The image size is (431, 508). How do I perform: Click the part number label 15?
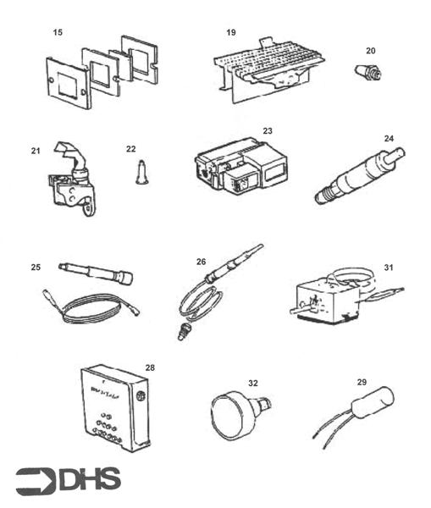pos(58,32)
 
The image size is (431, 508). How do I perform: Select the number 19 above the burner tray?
pos(231,32)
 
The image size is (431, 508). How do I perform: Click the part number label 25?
pos(36,268)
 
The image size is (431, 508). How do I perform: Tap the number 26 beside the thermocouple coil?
pos(202,262)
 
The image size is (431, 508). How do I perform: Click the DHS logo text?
pos(90,480)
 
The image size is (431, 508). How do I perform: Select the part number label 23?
pos(268,131)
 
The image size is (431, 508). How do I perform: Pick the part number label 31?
pos(389,267)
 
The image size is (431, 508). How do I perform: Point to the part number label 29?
pos(362,383)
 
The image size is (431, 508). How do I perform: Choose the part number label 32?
pos(252,384)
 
